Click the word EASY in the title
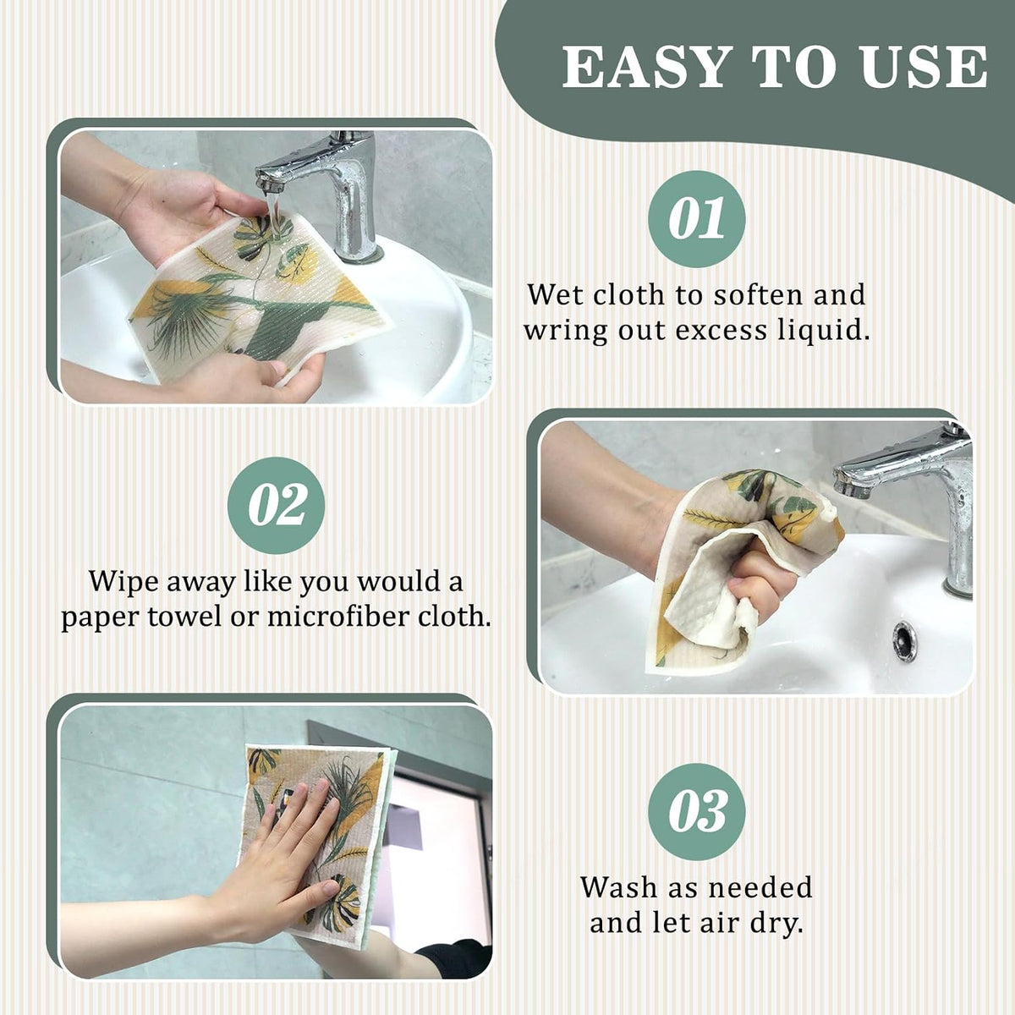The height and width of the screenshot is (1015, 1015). pos(649,67)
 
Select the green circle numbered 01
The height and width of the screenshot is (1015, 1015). pos(696,219)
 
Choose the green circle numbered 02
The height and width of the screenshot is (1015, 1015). pos(276,505)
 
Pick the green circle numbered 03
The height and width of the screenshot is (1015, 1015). pos(696,812)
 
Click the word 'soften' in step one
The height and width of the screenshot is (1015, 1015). pos(756,294)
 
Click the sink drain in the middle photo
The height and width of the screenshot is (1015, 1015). pos(904,639)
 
